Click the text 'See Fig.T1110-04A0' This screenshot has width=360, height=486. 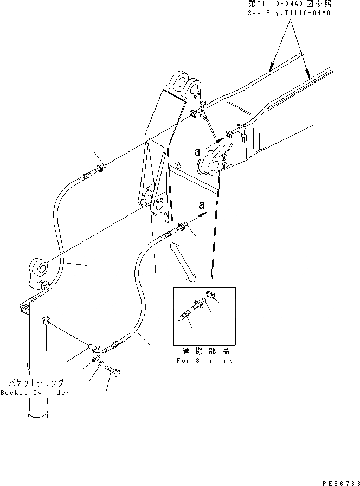tap(290, 12)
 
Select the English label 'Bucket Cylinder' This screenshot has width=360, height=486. tap(35, 393)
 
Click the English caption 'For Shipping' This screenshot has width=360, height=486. tap(204, 361)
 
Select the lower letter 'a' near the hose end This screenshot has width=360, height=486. tap(202, 206)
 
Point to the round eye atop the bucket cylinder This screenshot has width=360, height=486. tap(37, 268)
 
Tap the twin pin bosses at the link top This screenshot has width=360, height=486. tap(183, 84)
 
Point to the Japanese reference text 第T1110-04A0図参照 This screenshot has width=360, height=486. tap(290, 4)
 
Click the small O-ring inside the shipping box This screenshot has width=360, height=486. tap(203, 299)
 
